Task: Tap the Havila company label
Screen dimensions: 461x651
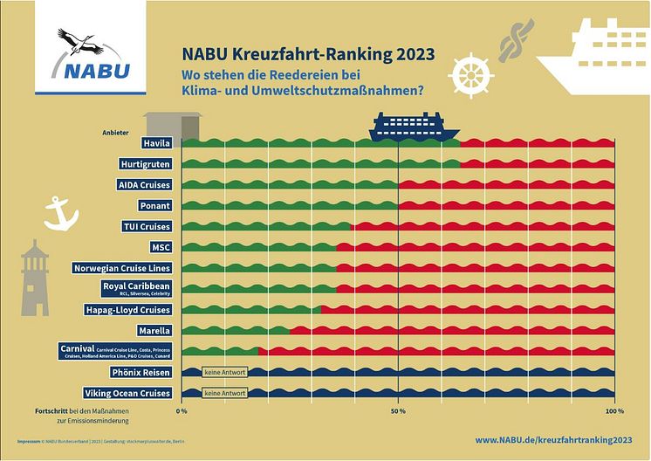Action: click(x=157, y=143)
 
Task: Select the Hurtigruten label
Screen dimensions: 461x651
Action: click(x=145, y=164)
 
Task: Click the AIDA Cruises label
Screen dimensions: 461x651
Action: click(x=145, y=185)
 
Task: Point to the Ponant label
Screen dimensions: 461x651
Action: click(x=155, y=206)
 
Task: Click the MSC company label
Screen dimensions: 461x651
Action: click(x=161, y=247)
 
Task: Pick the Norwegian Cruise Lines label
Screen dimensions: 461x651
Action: click(x=122, y=268)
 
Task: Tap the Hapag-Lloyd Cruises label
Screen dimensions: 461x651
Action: click(x=128, y=310)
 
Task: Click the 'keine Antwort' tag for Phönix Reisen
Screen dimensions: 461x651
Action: click(x=224, y=373)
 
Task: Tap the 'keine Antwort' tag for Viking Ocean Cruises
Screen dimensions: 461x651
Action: click(x=224, y=394)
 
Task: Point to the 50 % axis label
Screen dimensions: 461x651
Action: click(x=398, y=410)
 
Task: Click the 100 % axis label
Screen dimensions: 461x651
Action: click(x=613, y=410)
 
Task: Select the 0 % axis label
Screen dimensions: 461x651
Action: click(x=182, y=410)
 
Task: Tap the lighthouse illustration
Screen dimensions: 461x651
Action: click(x=34, y=278)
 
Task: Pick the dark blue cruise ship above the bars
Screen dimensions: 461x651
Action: click(x=415, y=127)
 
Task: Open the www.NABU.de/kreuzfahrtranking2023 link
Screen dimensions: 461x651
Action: click(x=553, y=441)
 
